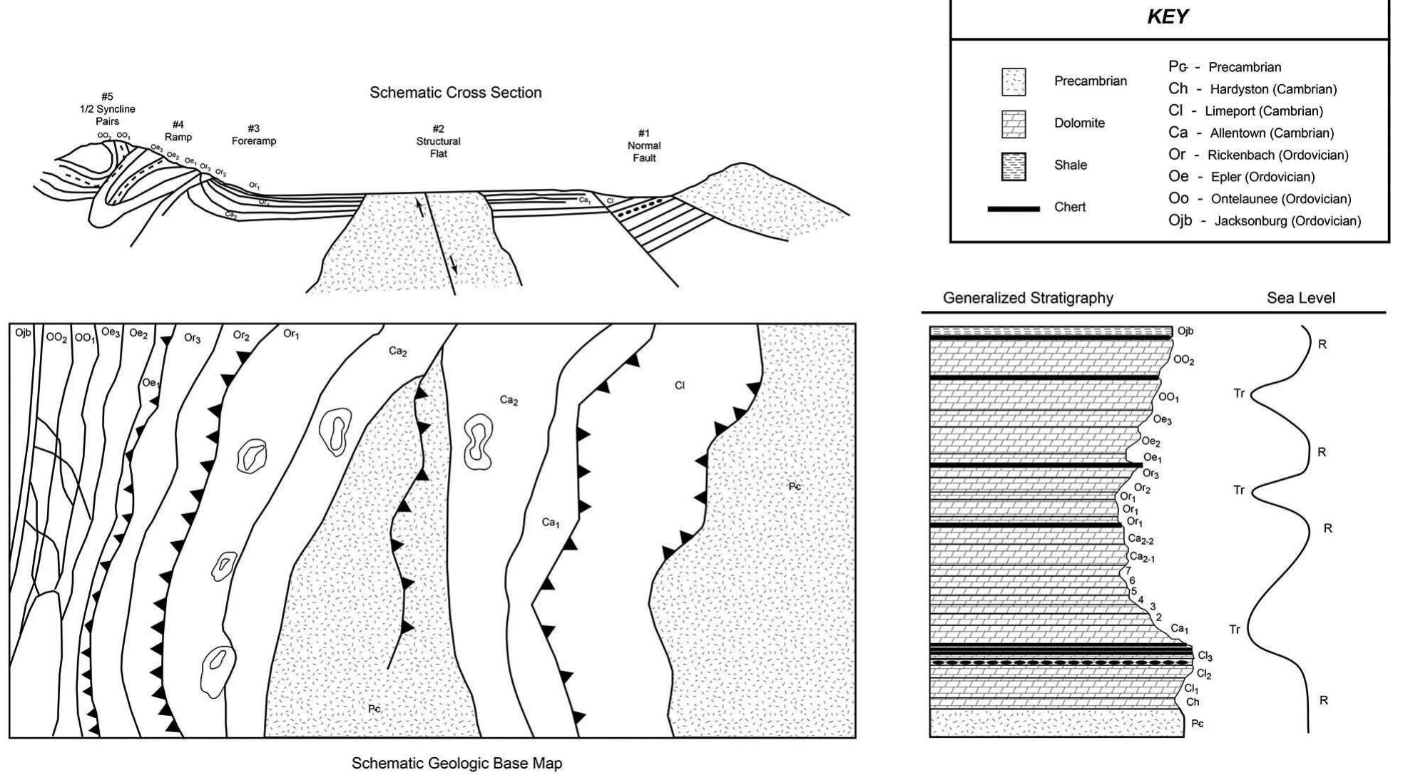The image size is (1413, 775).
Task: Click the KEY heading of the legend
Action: (x=1168, y=18)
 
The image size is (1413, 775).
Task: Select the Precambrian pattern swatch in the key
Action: (x=1013, y=81)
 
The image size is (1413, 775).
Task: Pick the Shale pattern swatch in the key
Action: (x=1013, y=165)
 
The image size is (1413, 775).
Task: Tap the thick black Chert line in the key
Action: (x=1013, y=208)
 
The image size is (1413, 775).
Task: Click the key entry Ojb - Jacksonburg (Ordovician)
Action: (x=1264, y=221)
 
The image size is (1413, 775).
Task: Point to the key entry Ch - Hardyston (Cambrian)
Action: (x=1252, y=89)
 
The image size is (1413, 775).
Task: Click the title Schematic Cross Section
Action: (x=455, y=93)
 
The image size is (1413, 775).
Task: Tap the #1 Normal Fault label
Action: (x=644, y=145)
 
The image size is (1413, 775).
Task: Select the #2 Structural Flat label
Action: (x=438, y=141)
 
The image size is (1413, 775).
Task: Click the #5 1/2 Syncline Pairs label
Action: (x=107, y=108)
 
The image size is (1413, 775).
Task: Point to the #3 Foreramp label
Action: (x=253, y=135)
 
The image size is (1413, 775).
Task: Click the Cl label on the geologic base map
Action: (x=679, y=386)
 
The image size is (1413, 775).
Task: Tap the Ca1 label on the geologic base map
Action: (x=550, y=523)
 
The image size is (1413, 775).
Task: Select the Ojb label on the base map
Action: (x=23, y=333)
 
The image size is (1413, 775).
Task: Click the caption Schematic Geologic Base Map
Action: (x=456, y=764)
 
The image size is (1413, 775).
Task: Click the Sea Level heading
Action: (x=1300, y=298)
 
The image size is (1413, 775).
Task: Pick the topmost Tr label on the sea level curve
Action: (x=1239, y=393)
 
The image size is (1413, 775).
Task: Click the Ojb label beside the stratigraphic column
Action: (x=1185, y=331)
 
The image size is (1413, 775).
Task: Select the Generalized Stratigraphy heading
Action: (x=1028, y=298)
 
